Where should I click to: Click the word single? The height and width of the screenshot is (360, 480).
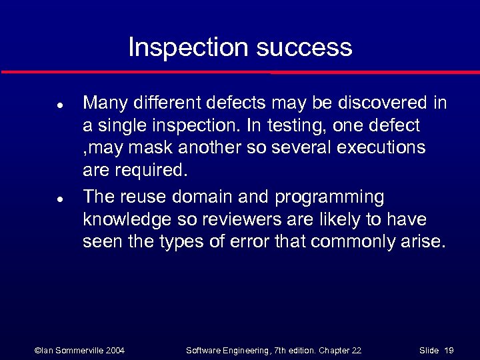click(125, 125)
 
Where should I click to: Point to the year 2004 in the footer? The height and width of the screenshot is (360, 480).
click(113, 350)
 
